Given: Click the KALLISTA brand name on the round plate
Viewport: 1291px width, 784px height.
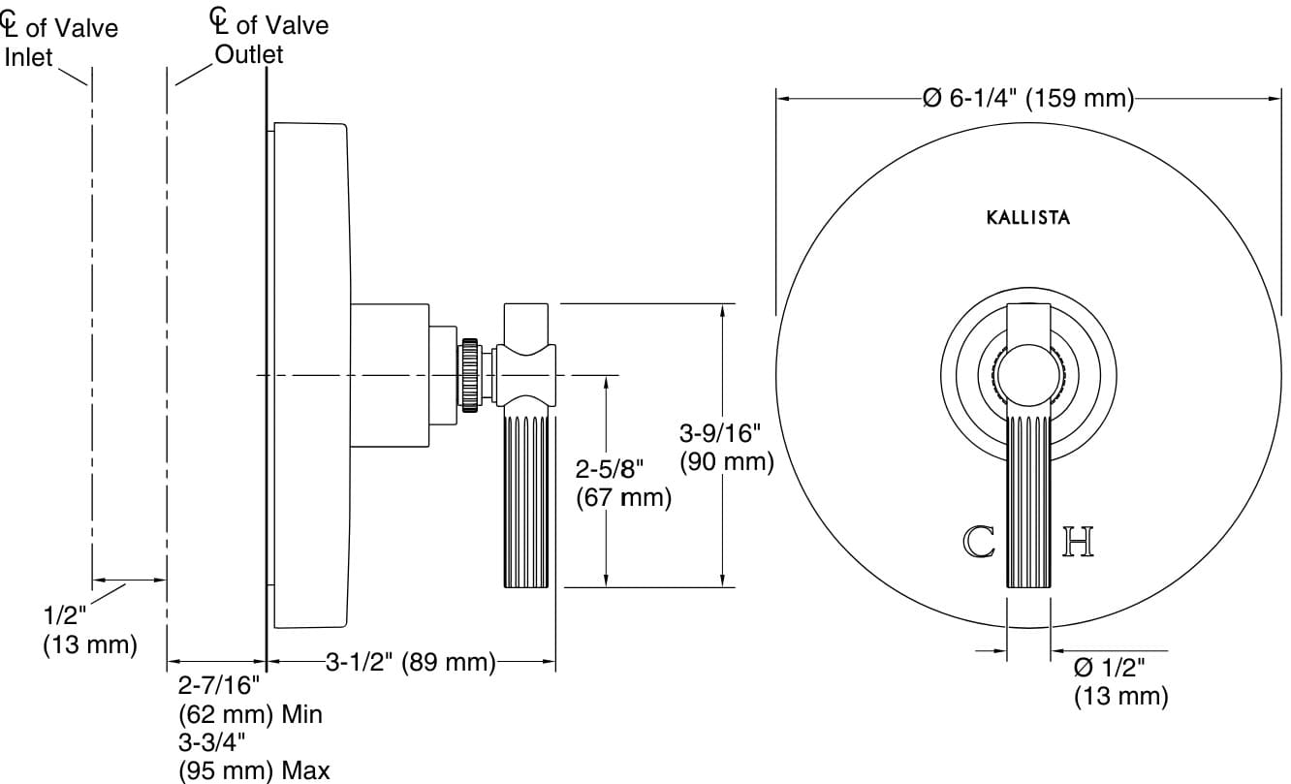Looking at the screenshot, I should (1028, 218).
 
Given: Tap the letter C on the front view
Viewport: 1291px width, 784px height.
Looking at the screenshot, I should (979, 542).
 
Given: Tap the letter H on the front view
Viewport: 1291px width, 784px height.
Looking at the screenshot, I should (1079, 542).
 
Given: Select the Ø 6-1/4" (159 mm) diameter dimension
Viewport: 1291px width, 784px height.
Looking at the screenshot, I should (1028, 98).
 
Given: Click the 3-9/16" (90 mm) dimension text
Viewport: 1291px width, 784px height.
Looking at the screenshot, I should (726, 447).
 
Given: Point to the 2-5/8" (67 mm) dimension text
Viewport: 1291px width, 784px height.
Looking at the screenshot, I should (623, 484).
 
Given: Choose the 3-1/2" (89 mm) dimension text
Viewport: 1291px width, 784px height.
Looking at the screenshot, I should (410, 663).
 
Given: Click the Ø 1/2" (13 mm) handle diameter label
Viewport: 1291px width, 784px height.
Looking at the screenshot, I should (1119, 681).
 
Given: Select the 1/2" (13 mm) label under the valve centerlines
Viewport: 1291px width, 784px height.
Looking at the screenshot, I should (89, 630).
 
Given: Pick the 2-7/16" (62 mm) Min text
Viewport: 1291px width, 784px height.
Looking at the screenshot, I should (249, 702).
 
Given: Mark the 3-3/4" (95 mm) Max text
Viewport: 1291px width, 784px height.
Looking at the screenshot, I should (254, 757).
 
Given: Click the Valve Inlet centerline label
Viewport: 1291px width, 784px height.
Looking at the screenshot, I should (60, 42).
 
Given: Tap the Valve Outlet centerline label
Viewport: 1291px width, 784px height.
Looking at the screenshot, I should (269, 39).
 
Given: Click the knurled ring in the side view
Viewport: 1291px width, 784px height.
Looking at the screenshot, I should (472, 375).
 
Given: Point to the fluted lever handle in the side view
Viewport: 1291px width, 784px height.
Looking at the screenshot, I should (527, 499).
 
